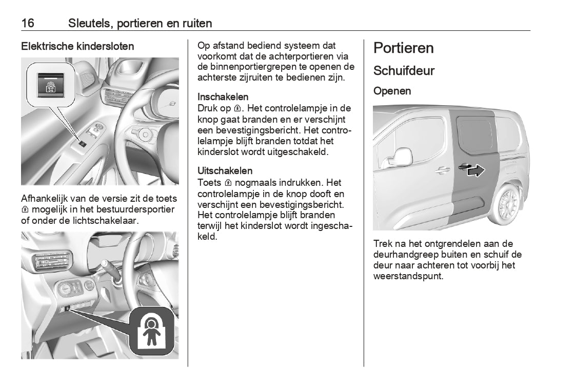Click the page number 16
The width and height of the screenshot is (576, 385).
pyautogui.click(x=28, y=23)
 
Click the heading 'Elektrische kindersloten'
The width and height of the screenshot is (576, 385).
pyautogui.click(x=77, y=46)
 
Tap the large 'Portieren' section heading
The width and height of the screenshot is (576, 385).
pyautogui.click(x=404, y=48)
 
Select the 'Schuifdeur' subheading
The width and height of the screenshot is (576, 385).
pyautogui.click(x=404, y=71)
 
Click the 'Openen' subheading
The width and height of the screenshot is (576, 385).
pyautogui.click(x=392, y=91)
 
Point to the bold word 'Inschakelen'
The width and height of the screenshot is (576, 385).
pyautogui.click(x=223, y=97)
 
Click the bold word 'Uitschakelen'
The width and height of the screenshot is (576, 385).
pyautogui.click(x=225, y=170)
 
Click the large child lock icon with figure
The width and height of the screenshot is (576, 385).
pyautogui.click(x=152, y=332)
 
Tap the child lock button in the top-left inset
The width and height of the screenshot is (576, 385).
pyautogui.click(x=52, y=83)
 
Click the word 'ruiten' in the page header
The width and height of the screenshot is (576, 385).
pyautogui.click(x=197, y=23)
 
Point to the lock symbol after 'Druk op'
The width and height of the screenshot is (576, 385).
pyautogui.click(x=237, y=109)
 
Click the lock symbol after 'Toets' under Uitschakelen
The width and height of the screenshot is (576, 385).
pyautogui.click(x=228, y=183)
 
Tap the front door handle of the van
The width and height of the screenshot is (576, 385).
pyautogui.click(x=440, y=169)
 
